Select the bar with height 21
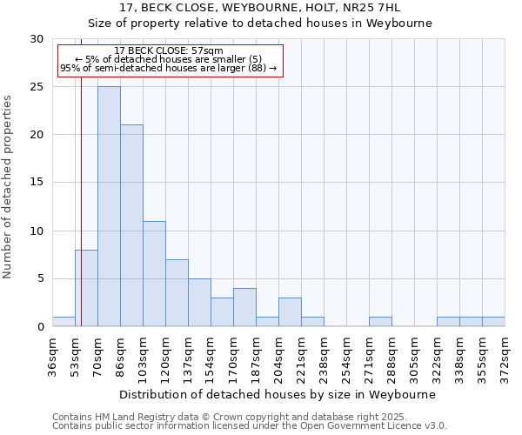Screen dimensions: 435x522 (131, 225)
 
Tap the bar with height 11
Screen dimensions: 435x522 (154, 274)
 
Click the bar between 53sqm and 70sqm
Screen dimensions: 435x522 (86, 288)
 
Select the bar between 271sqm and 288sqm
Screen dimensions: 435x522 (380, 322)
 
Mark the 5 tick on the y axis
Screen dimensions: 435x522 (40, 279)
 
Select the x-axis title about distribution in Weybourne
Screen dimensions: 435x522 (278, 394)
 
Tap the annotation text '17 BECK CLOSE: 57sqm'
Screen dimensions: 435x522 (169, 51)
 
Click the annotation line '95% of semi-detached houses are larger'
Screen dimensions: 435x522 (169, 68)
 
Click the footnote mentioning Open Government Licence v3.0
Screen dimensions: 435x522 (250, 426)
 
